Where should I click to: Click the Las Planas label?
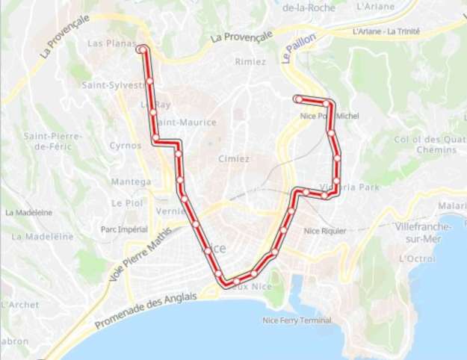coord(109,43)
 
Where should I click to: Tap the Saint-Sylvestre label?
coord(112,85)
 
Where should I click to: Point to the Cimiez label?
coord(234,159)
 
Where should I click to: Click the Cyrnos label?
coord(125,146)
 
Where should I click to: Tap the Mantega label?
coord(126,182)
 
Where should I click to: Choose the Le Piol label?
coord(126,202)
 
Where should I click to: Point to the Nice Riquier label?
coord(325,231)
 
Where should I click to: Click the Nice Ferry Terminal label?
coord(297,320)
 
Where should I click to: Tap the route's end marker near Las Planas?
coord(141,49)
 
